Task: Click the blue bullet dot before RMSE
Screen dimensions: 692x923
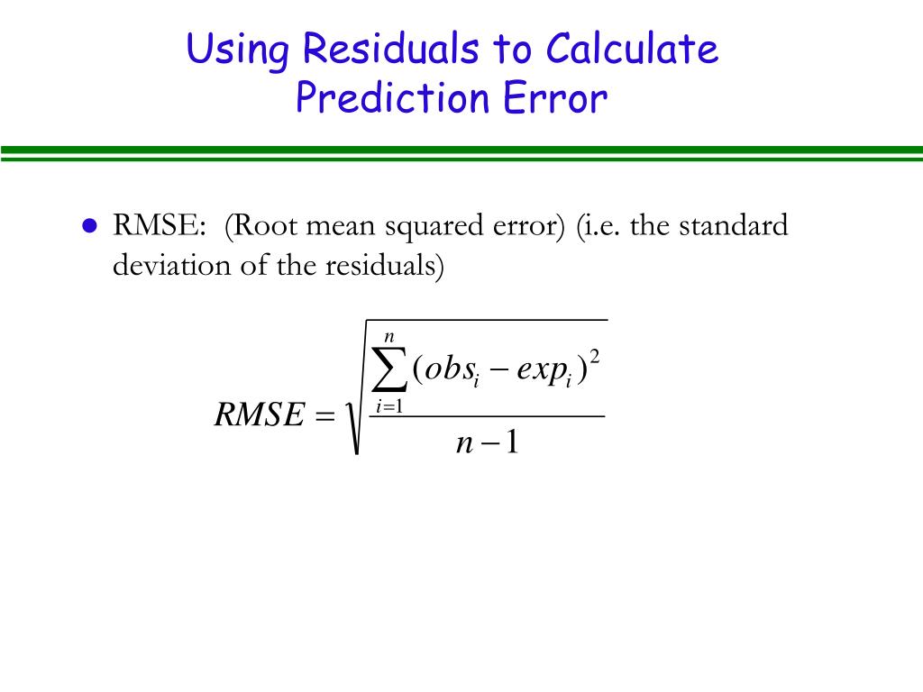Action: [x=88, y=226]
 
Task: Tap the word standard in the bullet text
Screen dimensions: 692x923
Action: [x=733, y=225]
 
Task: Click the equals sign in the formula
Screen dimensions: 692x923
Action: [x=324, y=416]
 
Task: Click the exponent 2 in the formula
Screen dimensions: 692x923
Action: [x=594, y=359]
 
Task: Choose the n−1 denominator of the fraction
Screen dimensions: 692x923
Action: [x=487, y=444]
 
